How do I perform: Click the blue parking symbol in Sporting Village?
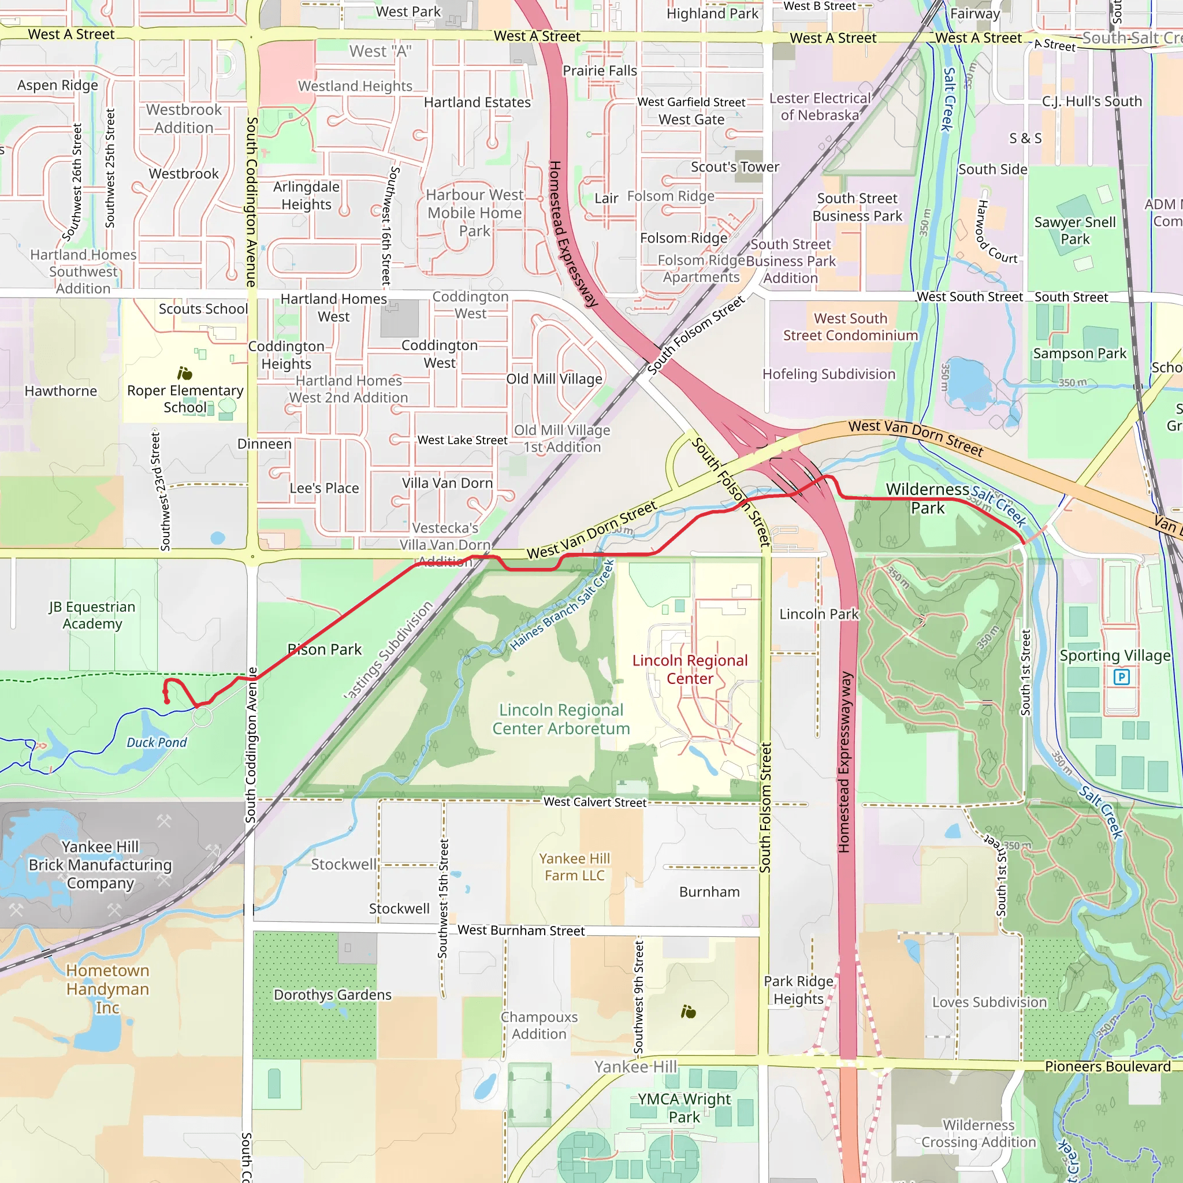(x=1121, y=676)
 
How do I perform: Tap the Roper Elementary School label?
(x=185, y=399)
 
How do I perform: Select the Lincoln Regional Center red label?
(x=690, y=669)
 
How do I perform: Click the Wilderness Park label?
(x=927, y=499)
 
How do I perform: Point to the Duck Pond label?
(x=156, y=742)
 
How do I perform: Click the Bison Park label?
(x=325, y=649)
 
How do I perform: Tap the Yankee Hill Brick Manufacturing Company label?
(x=100, y=865)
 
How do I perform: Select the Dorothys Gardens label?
(x=332, y=995)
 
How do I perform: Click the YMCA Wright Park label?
(x=684, y=1108)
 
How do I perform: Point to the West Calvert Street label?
(x=594, y=802)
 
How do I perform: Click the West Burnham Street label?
(x=520, y=930)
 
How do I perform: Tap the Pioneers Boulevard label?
(x=1107, y=1066)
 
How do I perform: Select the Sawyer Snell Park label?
(x=1074, y=230)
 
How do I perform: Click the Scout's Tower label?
(x=735, y=166)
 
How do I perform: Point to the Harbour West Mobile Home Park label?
(x=475, y=213)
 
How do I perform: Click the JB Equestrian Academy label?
(x=92, y=615)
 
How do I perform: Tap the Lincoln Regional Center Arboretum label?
(x=561, y=719)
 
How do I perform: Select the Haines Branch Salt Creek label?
(x=562, y=605)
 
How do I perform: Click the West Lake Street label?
(x=462, y=440)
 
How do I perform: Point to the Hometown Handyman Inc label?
(x=107, y=988)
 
